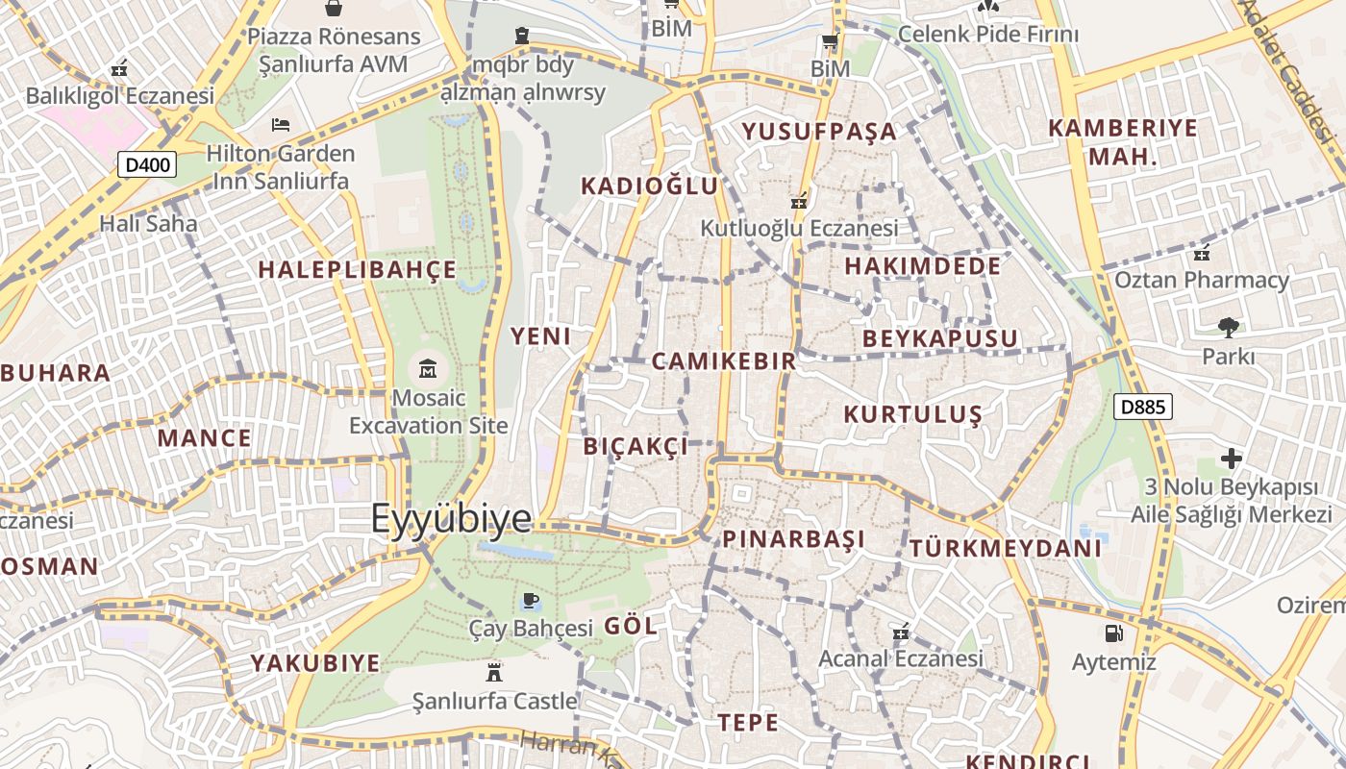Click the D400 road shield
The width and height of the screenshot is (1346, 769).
(x=147, y=164)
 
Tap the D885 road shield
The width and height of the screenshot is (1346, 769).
(x=1143, y=407)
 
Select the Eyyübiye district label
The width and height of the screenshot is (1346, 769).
(x=451, y=518)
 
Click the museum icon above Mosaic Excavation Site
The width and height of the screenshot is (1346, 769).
(x=428, y=367)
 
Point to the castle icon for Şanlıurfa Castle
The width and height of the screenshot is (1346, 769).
(x=494, y=671)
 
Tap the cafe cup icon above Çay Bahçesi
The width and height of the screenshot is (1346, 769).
(x=530, y=601)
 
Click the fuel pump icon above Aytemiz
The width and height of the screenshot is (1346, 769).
(x=1113, y=633)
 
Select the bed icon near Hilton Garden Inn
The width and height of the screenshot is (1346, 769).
(x=280, y=124)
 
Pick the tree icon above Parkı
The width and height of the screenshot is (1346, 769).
(x=1228, y=327)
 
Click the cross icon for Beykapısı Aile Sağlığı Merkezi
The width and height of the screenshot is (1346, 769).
(x=1231, y=458)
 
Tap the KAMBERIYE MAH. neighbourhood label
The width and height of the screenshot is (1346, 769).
(x=1123, y=141)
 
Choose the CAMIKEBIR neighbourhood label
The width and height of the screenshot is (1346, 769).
(x=724, y=361)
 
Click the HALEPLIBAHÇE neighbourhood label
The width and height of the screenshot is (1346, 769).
(x=358, y=270)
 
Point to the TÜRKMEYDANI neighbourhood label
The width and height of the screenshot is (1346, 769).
(x=1005, y=549)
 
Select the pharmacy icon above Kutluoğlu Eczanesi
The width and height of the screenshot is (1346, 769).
(x=798, y=201)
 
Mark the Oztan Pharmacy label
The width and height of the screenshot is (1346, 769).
(x=1201, y=280)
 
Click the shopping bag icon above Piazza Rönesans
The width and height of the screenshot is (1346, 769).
(x=334, y=9)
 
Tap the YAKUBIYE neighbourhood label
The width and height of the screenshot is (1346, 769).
(x=315, y=663)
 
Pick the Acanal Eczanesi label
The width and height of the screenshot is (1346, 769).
(x=900, y=658)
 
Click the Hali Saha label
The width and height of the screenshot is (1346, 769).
(x=148, y=224)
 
